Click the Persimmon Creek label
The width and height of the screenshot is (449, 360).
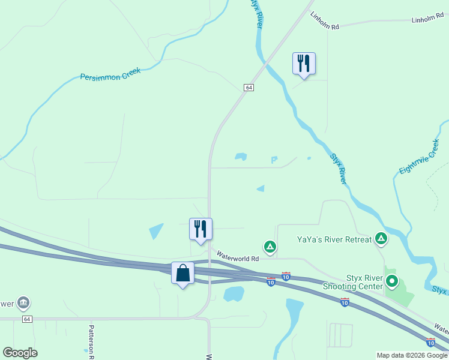tap(110, 74)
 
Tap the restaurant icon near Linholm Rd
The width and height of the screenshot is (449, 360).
tap(304, 63)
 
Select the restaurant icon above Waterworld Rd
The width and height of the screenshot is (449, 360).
tap(200, 229)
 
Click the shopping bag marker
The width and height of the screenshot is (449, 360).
tap(182, 273)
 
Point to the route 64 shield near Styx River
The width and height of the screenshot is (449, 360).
tap(249, 88)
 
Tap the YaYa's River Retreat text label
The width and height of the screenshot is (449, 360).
tap(334, 239)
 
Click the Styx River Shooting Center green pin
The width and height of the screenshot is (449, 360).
tap(392, 280)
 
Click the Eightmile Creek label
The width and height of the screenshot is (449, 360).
tap(420, 157)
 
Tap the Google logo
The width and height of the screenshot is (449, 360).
tap(20, 353)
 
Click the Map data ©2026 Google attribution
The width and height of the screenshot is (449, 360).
tap(412, 355)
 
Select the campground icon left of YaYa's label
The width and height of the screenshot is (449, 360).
tap(270, 246)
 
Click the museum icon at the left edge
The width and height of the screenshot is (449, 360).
tap(23, 302)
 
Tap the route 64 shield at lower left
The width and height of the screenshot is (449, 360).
tap(28, 319)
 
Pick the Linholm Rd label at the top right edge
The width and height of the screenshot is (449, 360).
tap(426, 20)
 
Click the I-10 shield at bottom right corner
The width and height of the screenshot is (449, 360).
tap(430, 343)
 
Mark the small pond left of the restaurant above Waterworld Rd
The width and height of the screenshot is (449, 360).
tap(156, 231)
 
